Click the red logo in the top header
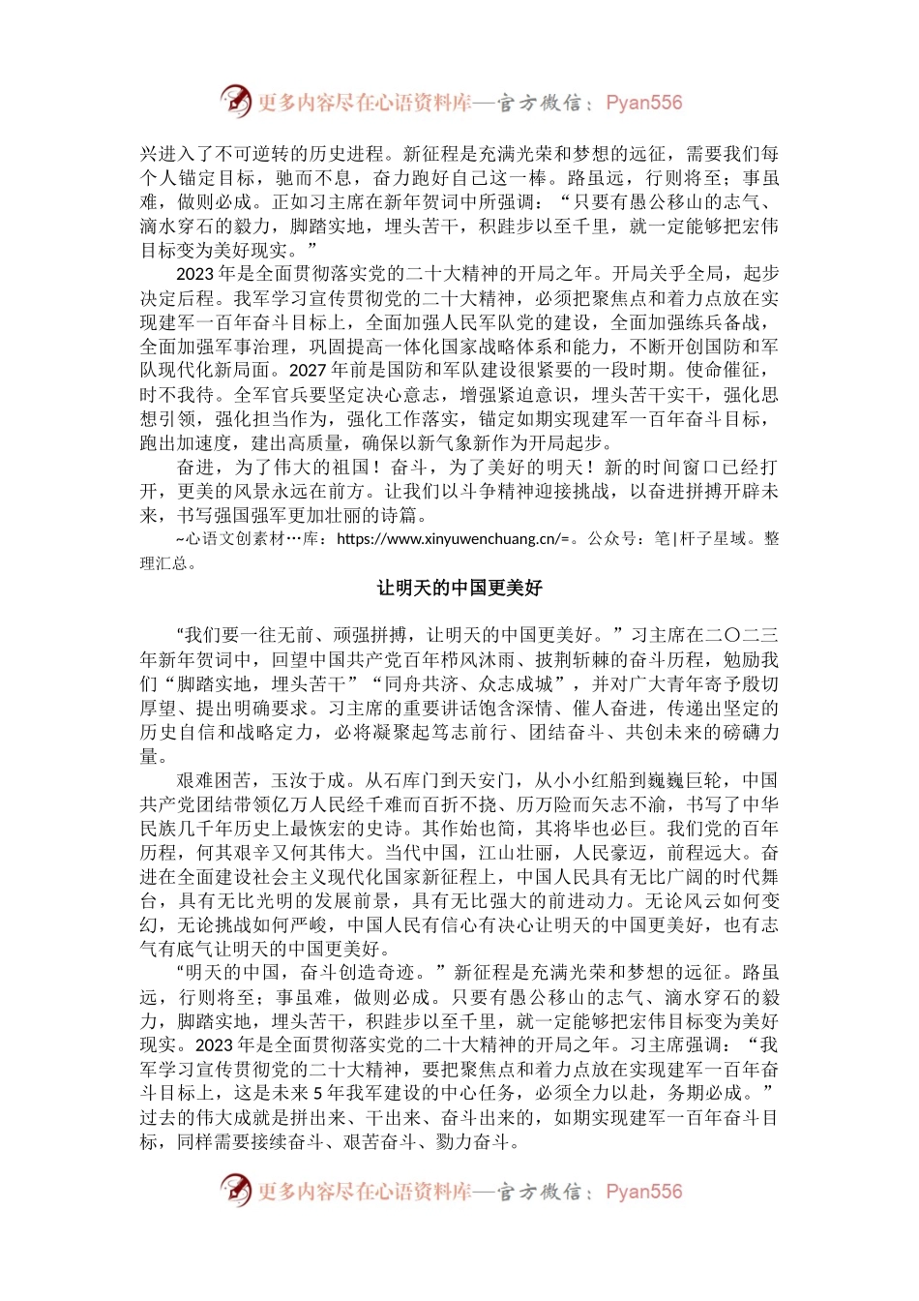click(x=235, y=101)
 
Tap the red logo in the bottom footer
click(x=235, y=1189)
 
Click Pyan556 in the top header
click(x=643, y=103)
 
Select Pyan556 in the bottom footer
click(x=643, y=1191)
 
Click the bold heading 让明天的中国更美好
click(x=459, y=588)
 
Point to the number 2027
click(x=309, y=370)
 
